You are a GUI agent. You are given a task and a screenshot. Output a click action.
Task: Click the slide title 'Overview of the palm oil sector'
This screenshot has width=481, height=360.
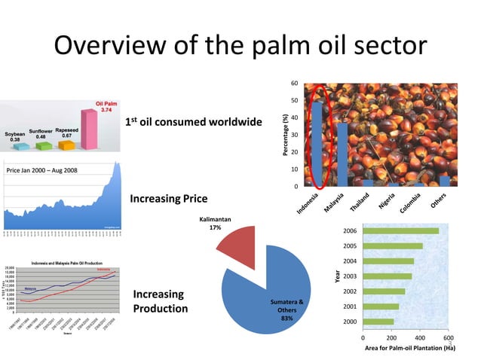[x=240, y=46]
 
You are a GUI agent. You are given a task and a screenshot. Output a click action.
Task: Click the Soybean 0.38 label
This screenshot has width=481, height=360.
[x=15, y=136]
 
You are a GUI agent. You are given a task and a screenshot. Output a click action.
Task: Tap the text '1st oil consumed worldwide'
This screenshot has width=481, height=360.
[x=194, y=121]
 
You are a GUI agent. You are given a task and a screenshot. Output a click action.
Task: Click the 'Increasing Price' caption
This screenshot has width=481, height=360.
[x=169, y=199]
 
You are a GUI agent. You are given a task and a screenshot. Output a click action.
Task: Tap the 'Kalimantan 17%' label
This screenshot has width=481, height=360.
[x=215, y=223]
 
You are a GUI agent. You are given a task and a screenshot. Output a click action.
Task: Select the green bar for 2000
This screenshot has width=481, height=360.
[x=378, y=322]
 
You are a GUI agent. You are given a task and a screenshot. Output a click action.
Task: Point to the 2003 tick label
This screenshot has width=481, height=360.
[x=350, y=276]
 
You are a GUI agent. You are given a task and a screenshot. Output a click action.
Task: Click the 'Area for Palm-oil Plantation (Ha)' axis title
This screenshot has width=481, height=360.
[x=410, y=348]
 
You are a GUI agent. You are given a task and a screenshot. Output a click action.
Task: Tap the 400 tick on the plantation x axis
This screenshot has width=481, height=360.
[x=420, y=337]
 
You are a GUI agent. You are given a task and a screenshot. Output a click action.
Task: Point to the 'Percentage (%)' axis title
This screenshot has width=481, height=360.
[x=285, y=136]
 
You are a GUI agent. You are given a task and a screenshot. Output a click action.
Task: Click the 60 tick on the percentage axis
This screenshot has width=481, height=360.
[x=295, y=83]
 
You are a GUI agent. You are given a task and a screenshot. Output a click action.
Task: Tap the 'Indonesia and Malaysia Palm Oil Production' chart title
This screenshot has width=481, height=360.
[x=66, y=263]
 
